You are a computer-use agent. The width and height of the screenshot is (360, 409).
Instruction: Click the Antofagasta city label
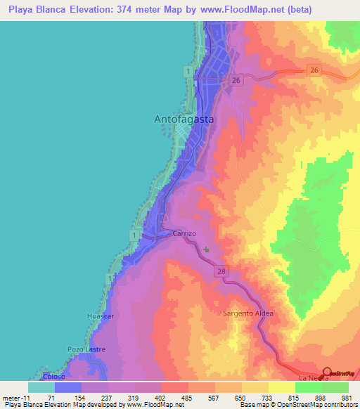click(184, 119)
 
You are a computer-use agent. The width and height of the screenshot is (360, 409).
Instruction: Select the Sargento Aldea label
click(247, 313)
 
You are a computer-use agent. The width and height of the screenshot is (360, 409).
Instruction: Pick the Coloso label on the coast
click(53, 376)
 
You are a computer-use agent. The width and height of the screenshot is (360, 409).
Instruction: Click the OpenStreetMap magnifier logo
click(328, 373)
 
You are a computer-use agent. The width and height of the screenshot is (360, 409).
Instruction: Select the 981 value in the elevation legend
click(346, 397)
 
